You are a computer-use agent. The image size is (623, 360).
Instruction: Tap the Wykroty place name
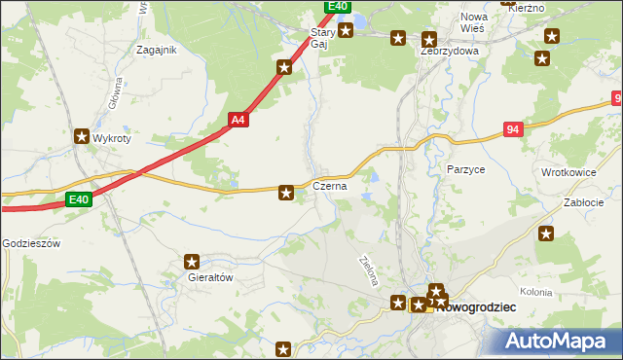[x=112, y=138]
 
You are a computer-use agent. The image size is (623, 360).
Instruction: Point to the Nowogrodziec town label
[x=477, y=307]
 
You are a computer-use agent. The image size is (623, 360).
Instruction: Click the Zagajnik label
[x=157, y=51]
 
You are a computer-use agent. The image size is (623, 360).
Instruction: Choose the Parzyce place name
[x=465, y=169]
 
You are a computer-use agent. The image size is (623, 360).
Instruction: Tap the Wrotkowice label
[x=568, y=172]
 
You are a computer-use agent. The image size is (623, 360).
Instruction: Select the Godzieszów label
[x=32, y=243]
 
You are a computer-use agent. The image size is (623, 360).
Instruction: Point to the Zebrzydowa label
[x=450, y=51]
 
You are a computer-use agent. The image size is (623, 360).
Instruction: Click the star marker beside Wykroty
[x=82, y=137]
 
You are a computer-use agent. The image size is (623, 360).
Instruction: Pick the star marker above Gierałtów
[x=192, y=261]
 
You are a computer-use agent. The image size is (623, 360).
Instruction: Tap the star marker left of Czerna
[x=286, y=193]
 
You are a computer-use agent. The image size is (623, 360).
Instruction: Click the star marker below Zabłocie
[x=547, y=234]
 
